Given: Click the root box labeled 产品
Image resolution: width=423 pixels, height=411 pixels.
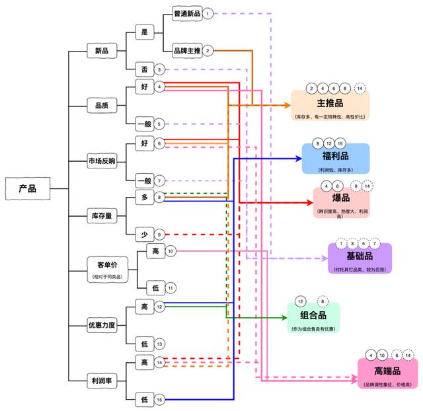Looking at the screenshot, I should pyautogui.click(x=27, y=189).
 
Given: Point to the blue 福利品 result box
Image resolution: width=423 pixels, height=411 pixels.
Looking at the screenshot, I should pyautogui.click(x=336, y=159).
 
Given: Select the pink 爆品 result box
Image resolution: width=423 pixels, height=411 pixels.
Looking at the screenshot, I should pyautogui.click(x=341, y=202).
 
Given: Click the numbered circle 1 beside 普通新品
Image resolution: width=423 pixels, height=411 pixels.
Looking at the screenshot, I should pyautogui.click(x=208, y=13).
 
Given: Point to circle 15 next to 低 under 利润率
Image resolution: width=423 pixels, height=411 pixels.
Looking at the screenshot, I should pyautogui.click(x=160, y=400).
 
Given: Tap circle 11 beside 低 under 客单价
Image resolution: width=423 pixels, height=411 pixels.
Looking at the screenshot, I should pyautogui.click(x=171, y=288).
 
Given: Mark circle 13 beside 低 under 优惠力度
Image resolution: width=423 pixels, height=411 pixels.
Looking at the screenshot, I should pyautogui.click(x=160, y=344).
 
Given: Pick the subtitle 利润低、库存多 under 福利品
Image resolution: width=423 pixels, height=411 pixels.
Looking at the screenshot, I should pyautogui.click(x=336, y=170).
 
